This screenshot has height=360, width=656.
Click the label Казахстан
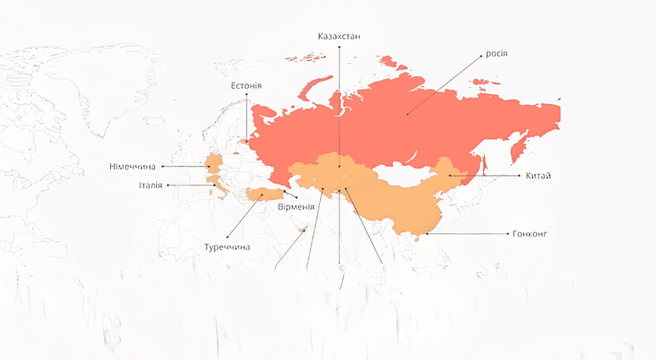click(340, 36)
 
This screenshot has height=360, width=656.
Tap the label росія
click(496, 53)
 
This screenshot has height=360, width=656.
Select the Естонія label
click(246, 86)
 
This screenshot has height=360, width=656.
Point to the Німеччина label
click(132, 166)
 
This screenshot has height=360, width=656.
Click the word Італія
click(150, 185)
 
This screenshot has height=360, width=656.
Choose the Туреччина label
click(227, 247)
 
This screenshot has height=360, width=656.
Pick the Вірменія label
click(295, 207)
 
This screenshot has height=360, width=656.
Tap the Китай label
click(537, 176)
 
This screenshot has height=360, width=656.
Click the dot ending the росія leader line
click(408, 113)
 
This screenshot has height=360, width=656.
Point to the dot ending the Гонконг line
click(426, 234)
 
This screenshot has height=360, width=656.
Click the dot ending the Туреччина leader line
click(262, 196)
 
